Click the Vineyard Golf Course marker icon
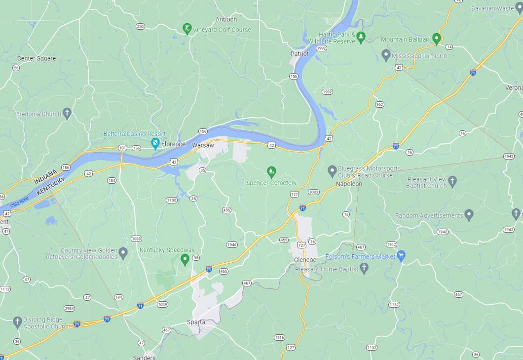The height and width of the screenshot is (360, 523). click(x=187, y=28)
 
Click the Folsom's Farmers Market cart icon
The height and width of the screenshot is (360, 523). click(x=401, y=256)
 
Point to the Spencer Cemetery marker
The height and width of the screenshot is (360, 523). click(x=271, y=172)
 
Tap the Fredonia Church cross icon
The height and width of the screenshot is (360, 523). click(x=67, y=113)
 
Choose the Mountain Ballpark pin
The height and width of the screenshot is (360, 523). click(x=436, y=39)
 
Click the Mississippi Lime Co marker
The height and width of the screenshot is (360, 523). click(x=386, y=55)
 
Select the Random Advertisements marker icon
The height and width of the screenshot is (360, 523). click(x=469, y=215)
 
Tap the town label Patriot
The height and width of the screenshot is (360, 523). click(x=299, y=54)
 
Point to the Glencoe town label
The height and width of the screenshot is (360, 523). click(x=304, y=260)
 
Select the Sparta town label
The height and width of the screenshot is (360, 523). click(x=196, y=322)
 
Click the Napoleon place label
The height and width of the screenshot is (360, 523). click(x=349, y=184)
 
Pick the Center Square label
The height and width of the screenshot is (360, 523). click(x=37, y=58)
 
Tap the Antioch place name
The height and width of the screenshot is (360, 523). click(x=226, y=19)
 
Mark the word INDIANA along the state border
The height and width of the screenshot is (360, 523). click(x=46, y=174)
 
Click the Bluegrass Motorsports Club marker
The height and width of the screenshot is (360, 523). click(x=332, y=171)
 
